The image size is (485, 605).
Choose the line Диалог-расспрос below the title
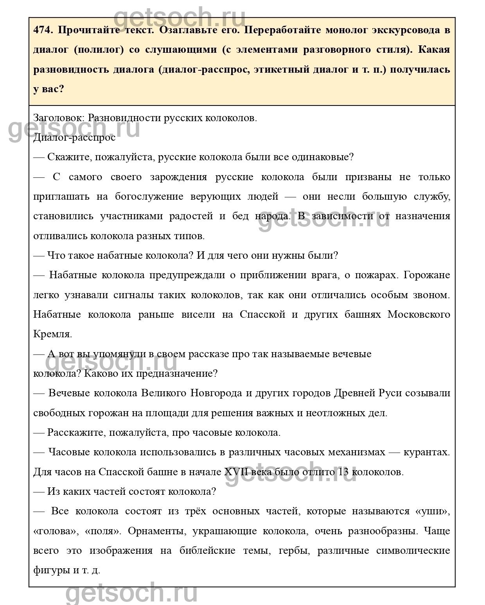pyautogui.click(x=74, y=138)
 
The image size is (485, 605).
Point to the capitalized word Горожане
pyautogui.click(x=427, y=275)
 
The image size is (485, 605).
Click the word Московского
pyautogui.click(x=419, y=315)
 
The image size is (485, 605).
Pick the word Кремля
pyautogui.click(x=53, y=334)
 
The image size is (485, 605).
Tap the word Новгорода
pyautogui.click(x=216, y=393)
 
